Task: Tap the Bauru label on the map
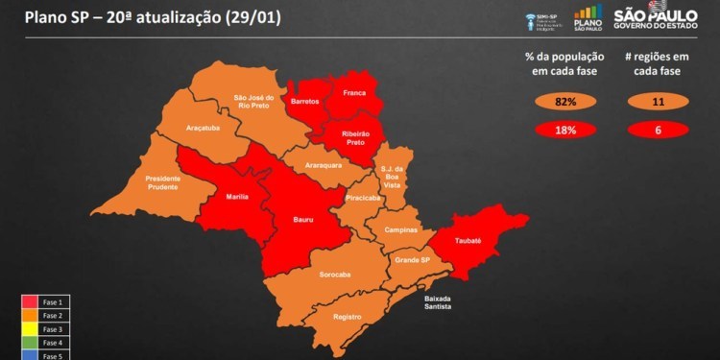[x=303, y=220]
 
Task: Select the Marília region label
[x=237, y=196]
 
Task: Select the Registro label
[x=347, y=317]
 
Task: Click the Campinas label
[x=400, y=230]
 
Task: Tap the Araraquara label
[x=324, y=166]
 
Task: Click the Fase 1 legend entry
[x=48, y=301]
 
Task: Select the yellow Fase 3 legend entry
[x=48, y=328]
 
